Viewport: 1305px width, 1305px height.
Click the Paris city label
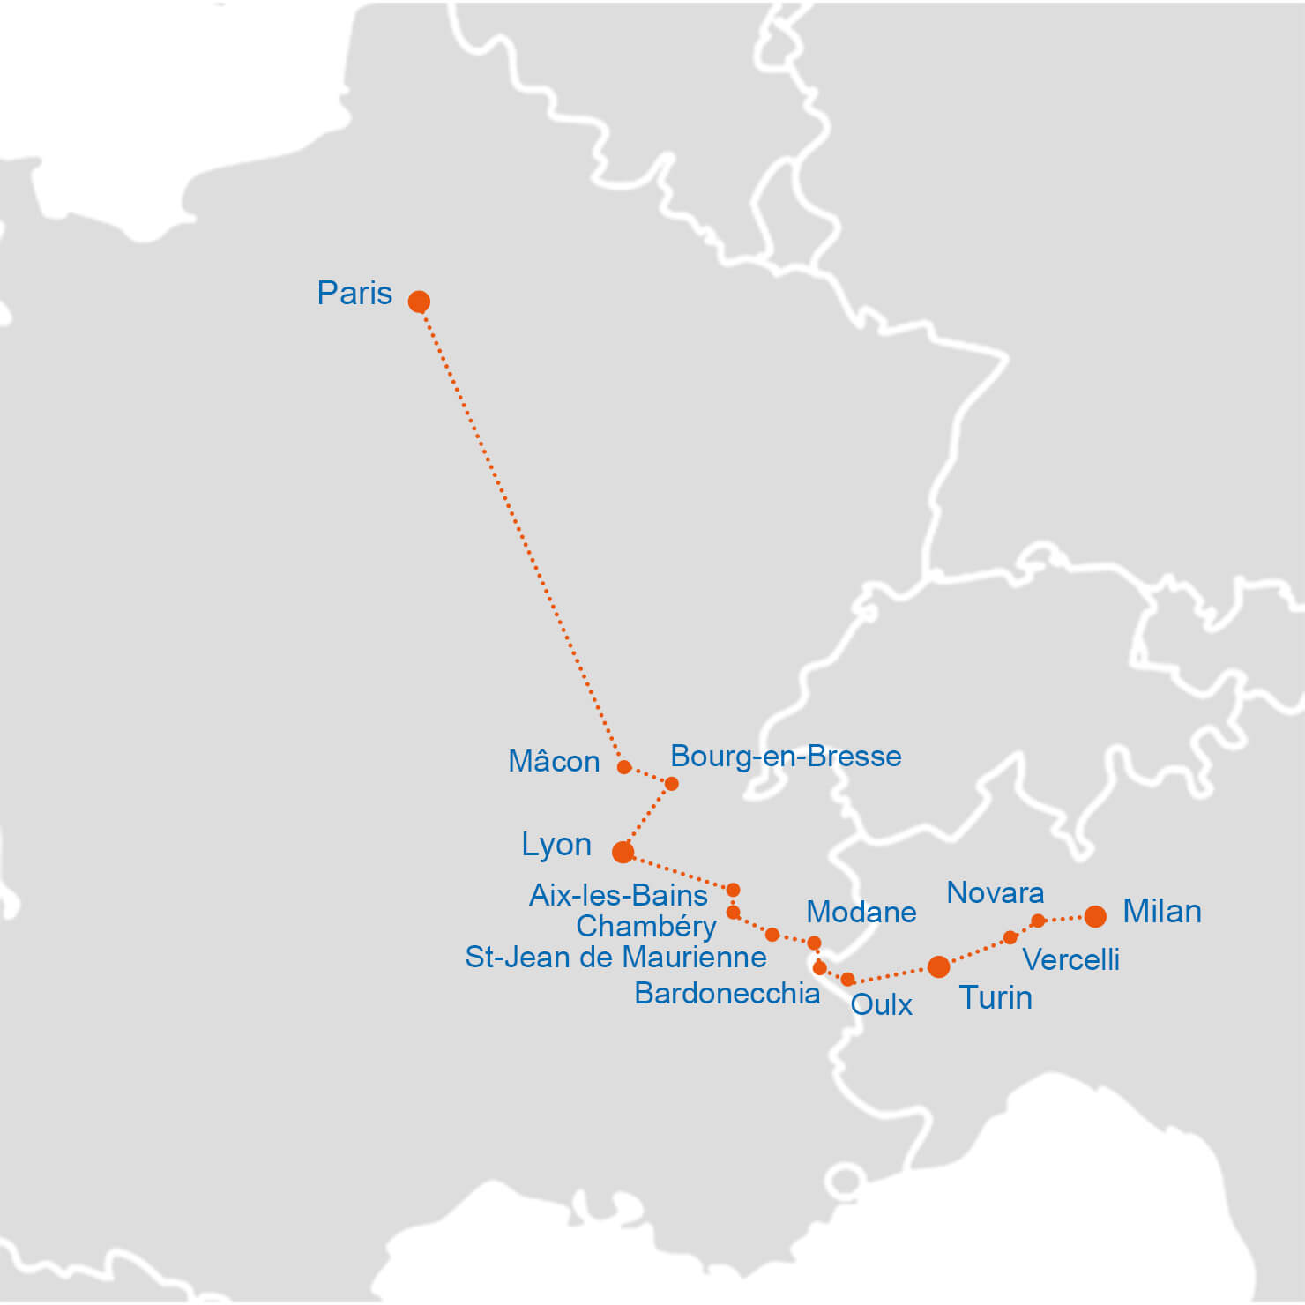[354, 293]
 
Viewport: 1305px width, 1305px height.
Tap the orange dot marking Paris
[419, 302]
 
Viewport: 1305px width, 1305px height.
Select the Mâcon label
[554, 761]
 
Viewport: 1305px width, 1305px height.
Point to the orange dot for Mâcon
[624, 767]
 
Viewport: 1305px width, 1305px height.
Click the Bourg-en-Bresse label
[786, 756]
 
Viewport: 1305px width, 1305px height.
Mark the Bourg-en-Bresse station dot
[671, 784]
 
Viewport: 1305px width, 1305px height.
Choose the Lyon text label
[556, 844]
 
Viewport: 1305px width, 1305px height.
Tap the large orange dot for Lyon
[623, 852]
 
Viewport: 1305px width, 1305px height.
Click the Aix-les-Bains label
[618, 895]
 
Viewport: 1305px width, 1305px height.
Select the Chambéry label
[646, 926]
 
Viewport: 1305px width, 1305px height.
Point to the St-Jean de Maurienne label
[615, 957]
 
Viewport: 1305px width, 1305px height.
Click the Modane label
[861, 912]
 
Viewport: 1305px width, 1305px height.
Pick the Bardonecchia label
[727, 993]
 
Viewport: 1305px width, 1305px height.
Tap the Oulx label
[881, 1004]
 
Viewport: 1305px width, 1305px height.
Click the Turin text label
[996, 997]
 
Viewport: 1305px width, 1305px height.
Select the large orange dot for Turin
[939, 967]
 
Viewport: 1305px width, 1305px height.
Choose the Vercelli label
[1070, 959]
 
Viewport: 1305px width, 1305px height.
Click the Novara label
[996, 892]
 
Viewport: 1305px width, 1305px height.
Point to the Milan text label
[1162, 911]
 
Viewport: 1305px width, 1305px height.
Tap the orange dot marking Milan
[1095, 917]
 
